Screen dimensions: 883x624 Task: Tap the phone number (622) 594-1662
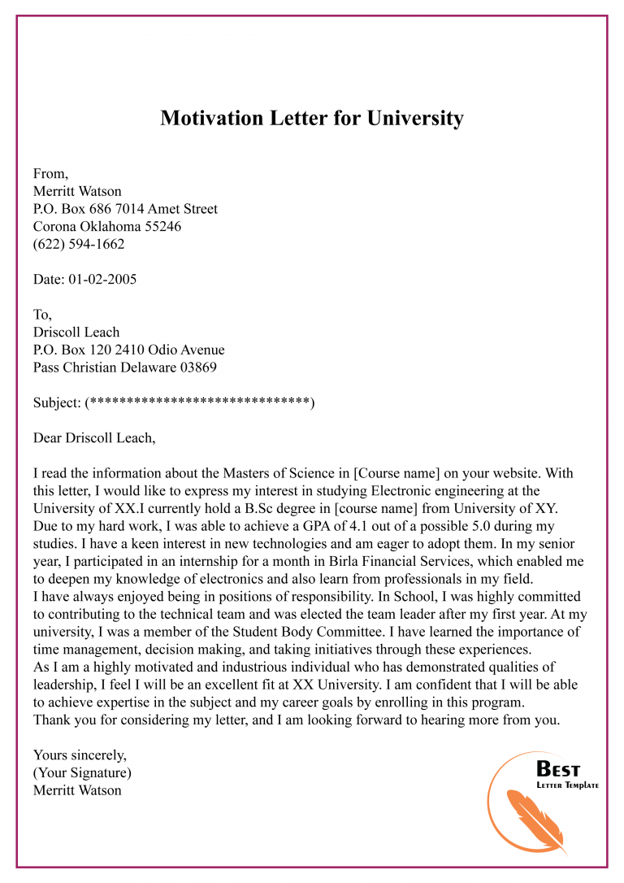coord(79,244)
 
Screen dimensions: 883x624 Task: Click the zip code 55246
coord(163,227)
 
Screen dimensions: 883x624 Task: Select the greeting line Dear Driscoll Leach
coord(94,438)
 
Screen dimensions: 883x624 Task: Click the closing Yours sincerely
coord(80,755)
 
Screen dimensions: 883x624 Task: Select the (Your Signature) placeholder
coord(82,772)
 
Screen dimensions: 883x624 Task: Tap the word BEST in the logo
coord(559,769)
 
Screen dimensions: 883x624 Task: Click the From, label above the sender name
coord(50,173)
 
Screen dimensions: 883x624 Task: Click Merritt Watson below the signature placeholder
coord(77,790)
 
